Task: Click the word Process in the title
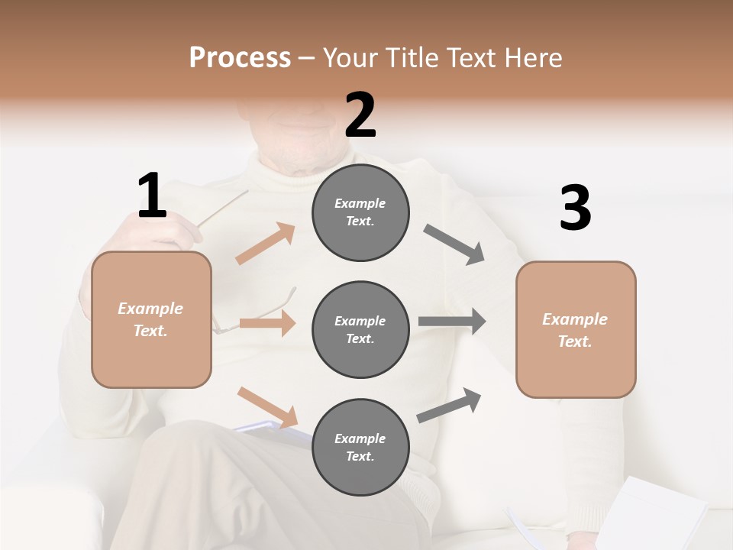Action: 240,57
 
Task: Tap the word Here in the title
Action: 532,57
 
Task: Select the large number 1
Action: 152,196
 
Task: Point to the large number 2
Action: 360,115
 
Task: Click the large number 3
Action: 575,209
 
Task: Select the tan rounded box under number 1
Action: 151,319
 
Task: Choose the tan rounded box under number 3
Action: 576,330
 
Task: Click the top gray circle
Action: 360,212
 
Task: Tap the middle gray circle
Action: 360,330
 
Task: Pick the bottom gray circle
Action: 360,448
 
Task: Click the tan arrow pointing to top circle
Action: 265,244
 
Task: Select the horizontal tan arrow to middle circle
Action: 267,323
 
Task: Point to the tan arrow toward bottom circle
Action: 267,407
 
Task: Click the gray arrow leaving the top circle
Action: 454,244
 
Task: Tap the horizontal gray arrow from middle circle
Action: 452,322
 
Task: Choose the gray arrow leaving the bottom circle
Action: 449,406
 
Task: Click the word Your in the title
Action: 349,57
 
